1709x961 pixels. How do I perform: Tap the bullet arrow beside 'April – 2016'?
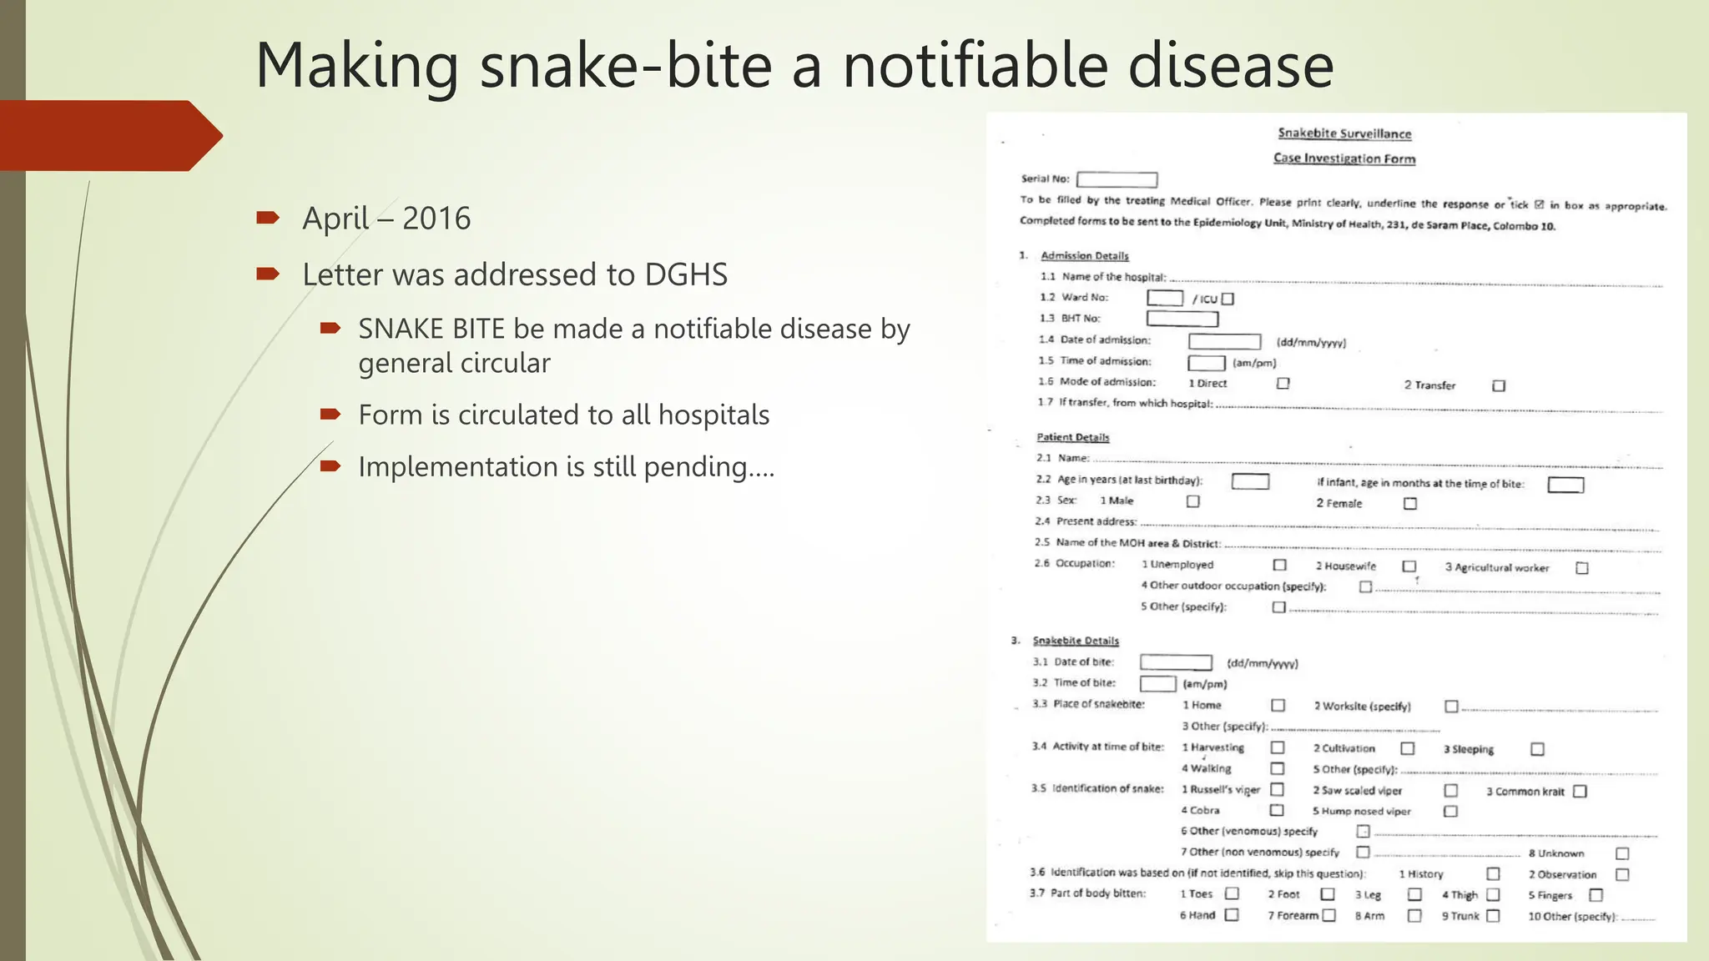pos(268,219)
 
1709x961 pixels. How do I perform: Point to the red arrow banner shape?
pos(108,135)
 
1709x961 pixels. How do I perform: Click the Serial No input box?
pos(1117,179)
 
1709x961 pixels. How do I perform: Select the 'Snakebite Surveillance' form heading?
pos(1344,133)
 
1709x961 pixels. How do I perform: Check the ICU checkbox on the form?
pos(1228,299)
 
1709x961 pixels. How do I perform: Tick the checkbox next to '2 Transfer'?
pos(1499,385)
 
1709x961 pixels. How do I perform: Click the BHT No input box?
pos(1182,319)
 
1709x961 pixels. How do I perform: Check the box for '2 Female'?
pos(1410,503)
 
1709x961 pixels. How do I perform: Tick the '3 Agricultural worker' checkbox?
pos(1581,568)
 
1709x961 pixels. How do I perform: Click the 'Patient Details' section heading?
pos(1072,437)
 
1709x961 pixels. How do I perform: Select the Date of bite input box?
pos(1176,662)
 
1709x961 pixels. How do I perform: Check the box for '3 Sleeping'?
pos(1537,749)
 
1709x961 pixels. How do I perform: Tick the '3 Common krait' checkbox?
pos(1580,792)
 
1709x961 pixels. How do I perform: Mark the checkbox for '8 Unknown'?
pos(1622,853)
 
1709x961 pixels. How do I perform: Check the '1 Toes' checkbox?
pos(1232,894)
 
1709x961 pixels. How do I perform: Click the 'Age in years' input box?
pos(1250,481)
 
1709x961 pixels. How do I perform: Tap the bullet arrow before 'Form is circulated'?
pos(330,414)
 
